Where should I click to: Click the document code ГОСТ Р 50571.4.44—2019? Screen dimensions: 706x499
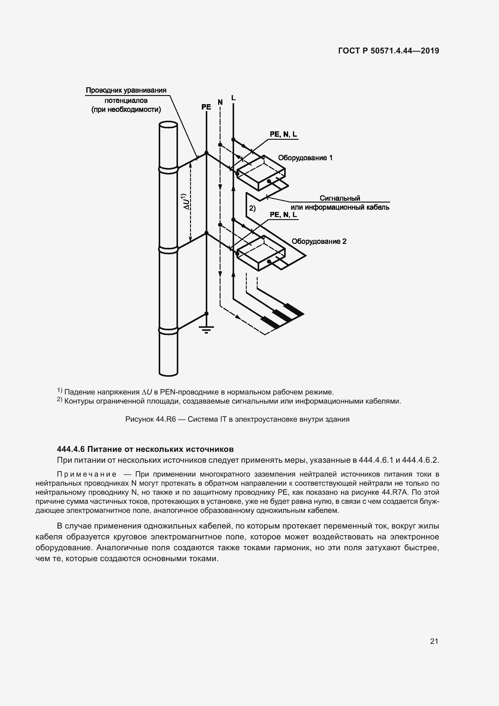pos(388,51)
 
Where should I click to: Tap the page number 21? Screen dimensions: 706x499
pos(434,641)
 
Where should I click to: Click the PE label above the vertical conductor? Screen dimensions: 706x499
pos(206,107)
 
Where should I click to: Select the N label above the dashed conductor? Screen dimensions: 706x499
pos(220,102)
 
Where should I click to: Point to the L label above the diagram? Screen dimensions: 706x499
pos(233,98)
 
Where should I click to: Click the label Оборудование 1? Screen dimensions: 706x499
pos(305,158)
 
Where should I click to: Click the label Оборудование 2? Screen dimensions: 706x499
pos(319,241)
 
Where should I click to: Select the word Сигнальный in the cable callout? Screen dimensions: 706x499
pos(339,198)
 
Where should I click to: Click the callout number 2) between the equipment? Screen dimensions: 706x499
pos(252,208)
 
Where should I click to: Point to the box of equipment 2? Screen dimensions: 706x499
pos(261,254)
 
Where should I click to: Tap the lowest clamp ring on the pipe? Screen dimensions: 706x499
pos(168,330)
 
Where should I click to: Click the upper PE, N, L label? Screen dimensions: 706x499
pos(283,134)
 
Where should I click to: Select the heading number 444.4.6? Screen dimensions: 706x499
pos(71,449)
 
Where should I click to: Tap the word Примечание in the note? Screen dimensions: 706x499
pos(87,474)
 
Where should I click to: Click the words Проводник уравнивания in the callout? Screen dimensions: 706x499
pos(126,91)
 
